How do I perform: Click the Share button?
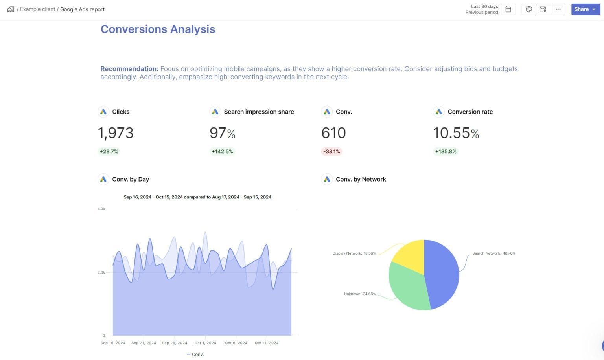click(585, 9)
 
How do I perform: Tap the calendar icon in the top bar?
click(508, 9)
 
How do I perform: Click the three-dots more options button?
click(558, 9)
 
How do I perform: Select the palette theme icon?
click(529, 9)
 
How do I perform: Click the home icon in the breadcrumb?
click(11, 9)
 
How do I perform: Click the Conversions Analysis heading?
click(158, 29)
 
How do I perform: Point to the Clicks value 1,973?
click(116, 133)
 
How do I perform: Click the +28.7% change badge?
click(109, 151)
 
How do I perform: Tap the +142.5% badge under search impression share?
click(222, 151)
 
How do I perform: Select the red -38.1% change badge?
click(331, 151)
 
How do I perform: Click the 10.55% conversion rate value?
click(456, 133)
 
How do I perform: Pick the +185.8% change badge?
click(446, 151)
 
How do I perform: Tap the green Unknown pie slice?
click(407, 287)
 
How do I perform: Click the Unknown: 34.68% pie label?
click(359, 294)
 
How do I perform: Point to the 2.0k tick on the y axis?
click(101, 272)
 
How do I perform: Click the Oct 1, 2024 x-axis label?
click(205, 343)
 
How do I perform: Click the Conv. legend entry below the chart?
click(195, 354)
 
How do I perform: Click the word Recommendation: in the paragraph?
click(129, 69)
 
